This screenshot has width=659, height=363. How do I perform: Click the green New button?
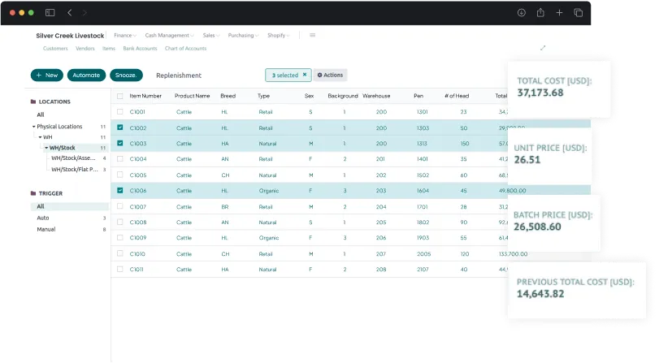click(47, 75)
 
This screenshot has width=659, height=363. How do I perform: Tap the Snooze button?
click(127, 75)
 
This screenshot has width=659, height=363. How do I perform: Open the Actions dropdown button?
click(330, 75)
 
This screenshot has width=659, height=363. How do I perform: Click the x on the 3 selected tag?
click(305, 75)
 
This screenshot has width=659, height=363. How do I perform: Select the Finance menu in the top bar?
click(124, 36)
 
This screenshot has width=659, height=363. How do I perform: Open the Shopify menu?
click(279, 36)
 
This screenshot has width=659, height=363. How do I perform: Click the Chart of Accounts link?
click(185, 49)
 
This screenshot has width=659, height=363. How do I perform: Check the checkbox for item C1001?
click(120, 112)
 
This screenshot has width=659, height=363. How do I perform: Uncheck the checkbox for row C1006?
click(120, 191)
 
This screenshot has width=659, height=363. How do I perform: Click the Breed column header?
click(228, 96)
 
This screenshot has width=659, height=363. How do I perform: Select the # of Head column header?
click(457, 96)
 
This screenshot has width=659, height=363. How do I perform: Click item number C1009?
click(138, 238)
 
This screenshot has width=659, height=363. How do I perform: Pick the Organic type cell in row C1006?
click(268, 191)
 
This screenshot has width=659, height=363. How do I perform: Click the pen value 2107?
click(422, 270)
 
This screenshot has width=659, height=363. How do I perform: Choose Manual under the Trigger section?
click(46, 230)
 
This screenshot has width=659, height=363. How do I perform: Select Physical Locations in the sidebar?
click(59, 127)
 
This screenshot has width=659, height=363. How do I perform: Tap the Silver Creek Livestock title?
click(70, 36)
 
